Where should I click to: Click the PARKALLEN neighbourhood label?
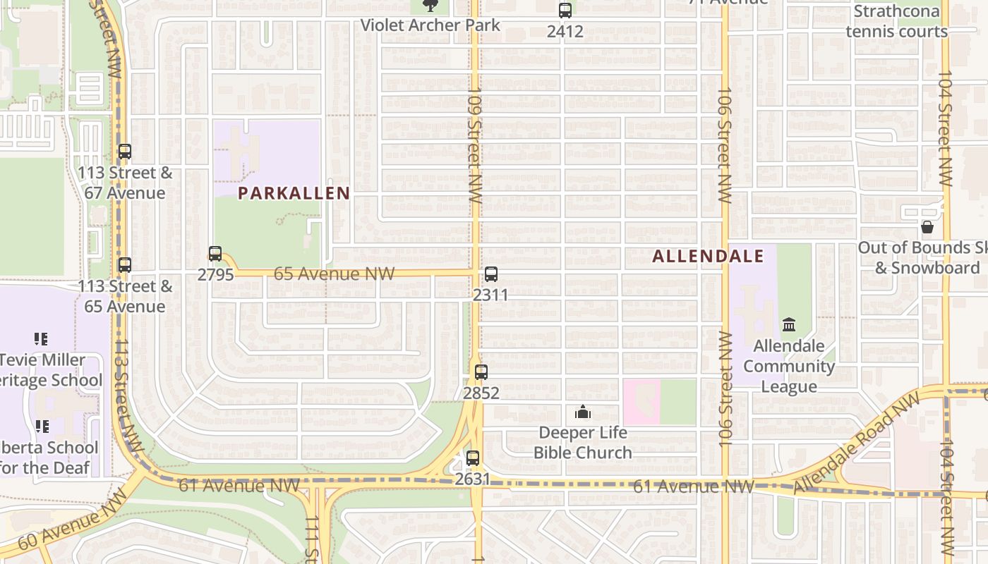[294, 193]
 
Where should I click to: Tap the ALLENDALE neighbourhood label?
[708, 256]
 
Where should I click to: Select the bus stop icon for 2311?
[491, 274]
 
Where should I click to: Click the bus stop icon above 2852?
[481, 372]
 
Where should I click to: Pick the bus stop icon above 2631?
[473, 458]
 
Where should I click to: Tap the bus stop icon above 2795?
[215, 254]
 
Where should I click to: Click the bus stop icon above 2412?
[565, 11]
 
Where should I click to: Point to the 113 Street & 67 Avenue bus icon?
[125, 152]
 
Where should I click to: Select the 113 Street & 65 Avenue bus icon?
[125, 265]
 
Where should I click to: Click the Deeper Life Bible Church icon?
[583, 412]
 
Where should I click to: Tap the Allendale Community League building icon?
[789, 325]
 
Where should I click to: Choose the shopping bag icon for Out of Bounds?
[927, 227]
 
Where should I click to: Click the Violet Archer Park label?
[430, 25]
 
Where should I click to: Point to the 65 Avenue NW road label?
[334, 274]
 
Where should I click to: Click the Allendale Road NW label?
[857, 443]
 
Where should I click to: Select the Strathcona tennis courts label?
[896, 21]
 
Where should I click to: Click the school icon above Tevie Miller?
[41, 339]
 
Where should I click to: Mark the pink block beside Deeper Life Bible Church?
[641, 402]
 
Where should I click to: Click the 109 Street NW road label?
[474, 145]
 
